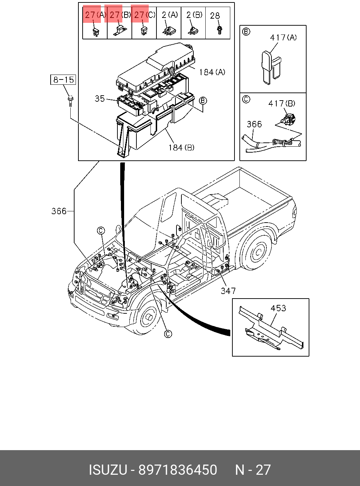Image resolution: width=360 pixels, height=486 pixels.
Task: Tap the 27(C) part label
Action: (x=144, y=15)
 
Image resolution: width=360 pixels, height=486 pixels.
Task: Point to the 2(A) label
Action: (x=170, y=15)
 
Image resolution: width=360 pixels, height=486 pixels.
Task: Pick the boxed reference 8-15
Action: (x=63, y=79)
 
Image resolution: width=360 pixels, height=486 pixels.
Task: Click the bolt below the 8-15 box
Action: (x=71, y=101)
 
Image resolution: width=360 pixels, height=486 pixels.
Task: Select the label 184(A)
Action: (x=212, y=72)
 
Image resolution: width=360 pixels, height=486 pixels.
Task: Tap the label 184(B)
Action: (x=181, y=147)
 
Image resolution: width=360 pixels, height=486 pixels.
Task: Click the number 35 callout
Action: (x=100, y=98)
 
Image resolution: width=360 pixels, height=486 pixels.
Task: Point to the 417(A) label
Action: (x=283, y=38)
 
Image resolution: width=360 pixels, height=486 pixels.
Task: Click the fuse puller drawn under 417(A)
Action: (x=271, y=68)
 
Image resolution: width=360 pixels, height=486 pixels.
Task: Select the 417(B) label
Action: (x=282, y=103)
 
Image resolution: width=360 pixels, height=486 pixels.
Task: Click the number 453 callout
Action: (x=278, y=308)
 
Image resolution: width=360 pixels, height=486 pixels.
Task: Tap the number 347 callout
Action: (x=228, y=291)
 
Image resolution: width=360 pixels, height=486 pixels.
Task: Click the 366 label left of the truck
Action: (x=59, y=211)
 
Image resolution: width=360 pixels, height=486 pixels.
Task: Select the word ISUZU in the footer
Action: (x=108, y=470)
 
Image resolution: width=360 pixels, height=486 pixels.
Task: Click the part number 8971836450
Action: (x=178, y=470)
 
